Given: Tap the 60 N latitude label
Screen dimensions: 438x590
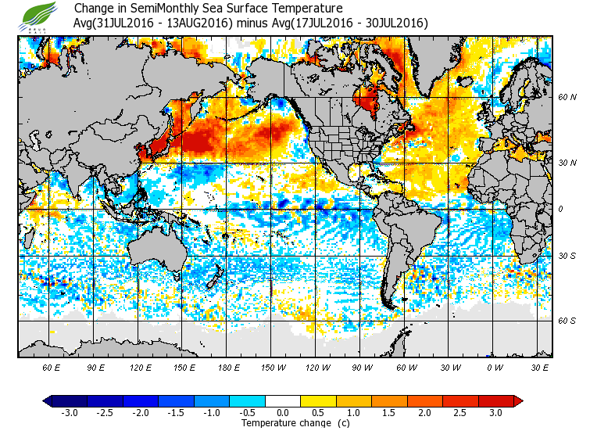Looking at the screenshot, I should pos(567,98).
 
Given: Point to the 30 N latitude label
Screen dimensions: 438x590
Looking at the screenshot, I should pos(567,162).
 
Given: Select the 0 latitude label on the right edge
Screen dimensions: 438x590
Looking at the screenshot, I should pos(561,210).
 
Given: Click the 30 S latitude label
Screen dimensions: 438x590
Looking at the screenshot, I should pos(567,257).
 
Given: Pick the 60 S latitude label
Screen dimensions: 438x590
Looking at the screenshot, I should pos(567,321).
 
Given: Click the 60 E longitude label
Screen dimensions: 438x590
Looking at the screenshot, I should pos(51,367).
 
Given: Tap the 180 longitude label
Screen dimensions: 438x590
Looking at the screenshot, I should pos(228,367).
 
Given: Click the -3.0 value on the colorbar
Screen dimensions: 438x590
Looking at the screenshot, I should pos(69,412).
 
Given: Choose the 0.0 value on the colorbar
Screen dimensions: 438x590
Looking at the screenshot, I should pos(283,412).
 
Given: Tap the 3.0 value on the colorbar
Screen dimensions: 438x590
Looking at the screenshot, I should pos(495,412).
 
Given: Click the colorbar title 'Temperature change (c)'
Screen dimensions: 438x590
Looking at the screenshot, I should pos(284,423).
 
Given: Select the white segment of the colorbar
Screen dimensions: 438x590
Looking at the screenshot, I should pos(283,400).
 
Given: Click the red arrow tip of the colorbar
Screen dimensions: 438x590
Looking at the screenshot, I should pos(517,400).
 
